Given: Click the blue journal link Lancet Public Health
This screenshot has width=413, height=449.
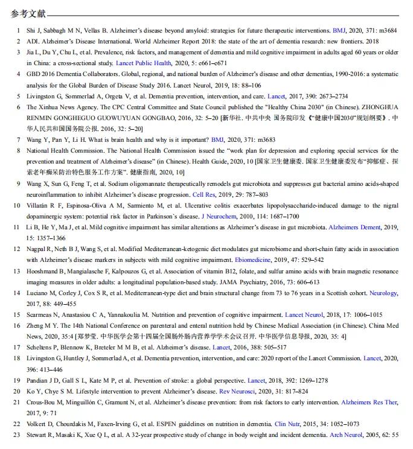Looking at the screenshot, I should (144, 63).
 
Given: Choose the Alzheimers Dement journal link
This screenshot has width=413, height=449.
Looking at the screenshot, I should (354, 228).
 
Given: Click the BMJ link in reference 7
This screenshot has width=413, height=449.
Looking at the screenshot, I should (217, 139).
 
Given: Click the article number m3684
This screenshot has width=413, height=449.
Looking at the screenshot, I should (386, 30).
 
